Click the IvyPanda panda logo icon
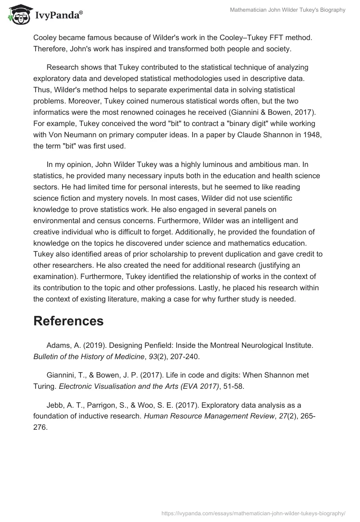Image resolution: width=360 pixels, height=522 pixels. (17, 14)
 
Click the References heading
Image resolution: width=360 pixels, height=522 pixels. (68, 321)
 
